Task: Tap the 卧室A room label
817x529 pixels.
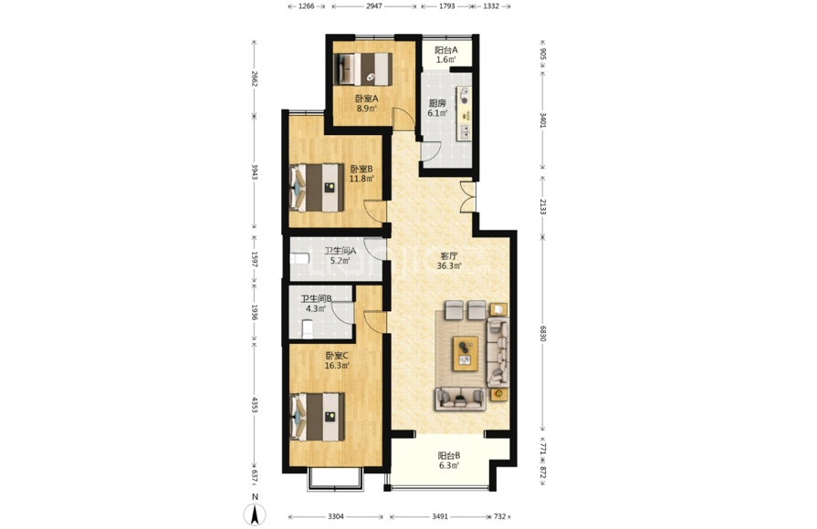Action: tap(366, 99)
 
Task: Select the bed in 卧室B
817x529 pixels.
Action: tap(318, 188)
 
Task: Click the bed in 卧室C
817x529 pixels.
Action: tap(318, 417)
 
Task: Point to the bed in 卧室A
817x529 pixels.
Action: tap(363, 68)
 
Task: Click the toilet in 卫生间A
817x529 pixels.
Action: tap(299, 258)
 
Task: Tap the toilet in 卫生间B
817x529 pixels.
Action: tap(308, 329)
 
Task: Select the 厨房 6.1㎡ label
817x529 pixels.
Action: tap(437, 108)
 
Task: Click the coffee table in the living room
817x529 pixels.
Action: tap(466, 353)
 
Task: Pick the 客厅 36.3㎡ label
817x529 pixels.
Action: tap(448, 261)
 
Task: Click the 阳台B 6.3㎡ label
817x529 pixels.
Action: tap(448, 461)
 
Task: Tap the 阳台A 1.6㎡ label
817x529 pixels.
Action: tap(446, 55)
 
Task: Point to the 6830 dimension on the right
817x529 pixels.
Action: tap(543, 334)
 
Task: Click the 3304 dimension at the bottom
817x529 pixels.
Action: tap(336, 516)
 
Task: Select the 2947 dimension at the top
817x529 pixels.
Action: tap(374, 6)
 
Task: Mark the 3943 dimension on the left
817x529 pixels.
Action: tap(255, 171)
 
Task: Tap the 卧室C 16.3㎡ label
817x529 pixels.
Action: tap(337, 360)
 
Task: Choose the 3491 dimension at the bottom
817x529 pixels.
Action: tap(440, 516)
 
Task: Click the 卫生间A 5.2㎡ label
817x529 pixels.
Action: tap(340, 255)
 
